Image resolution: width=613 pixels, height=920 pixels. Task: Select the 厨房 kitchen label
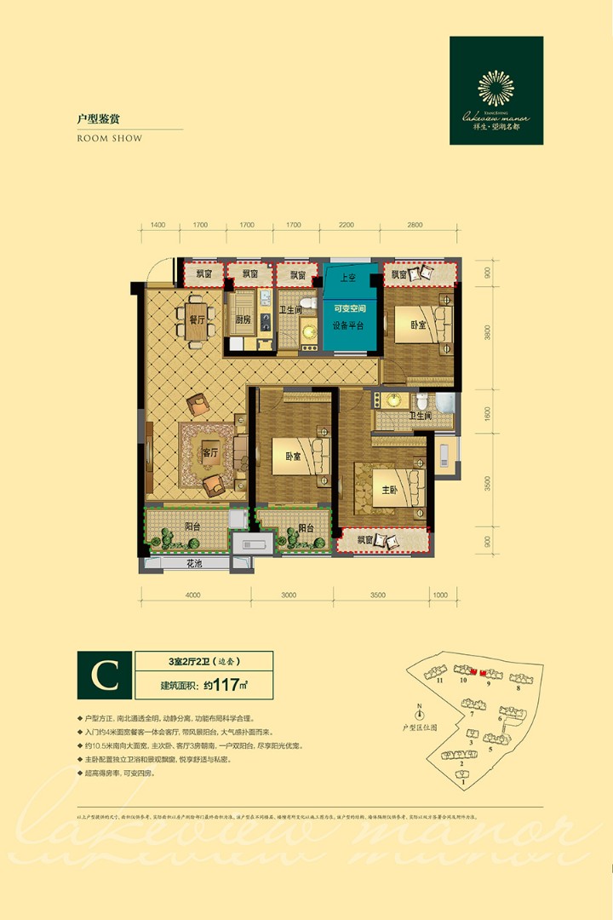(x=243, y=320)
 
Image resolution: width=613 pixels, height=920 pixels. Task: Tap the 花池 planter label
(x=195, y=565)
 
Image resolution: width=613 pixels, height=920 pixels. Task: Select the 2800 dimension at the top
(x=415, y=226)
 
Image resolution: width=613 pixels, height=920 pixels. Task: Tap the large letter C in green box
(x=106, y=675)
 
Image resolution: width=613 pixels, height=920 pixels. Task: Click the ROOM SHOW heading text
(x=110, y=138)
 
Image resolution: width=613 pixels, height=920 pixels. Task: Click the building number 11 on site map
(x=440, y=681)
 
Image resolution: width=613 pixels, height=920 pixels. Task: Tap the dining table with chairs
(x=192, y=322)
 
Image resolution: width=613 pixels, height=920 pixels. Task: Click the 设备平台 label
(x=349, y=325)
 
